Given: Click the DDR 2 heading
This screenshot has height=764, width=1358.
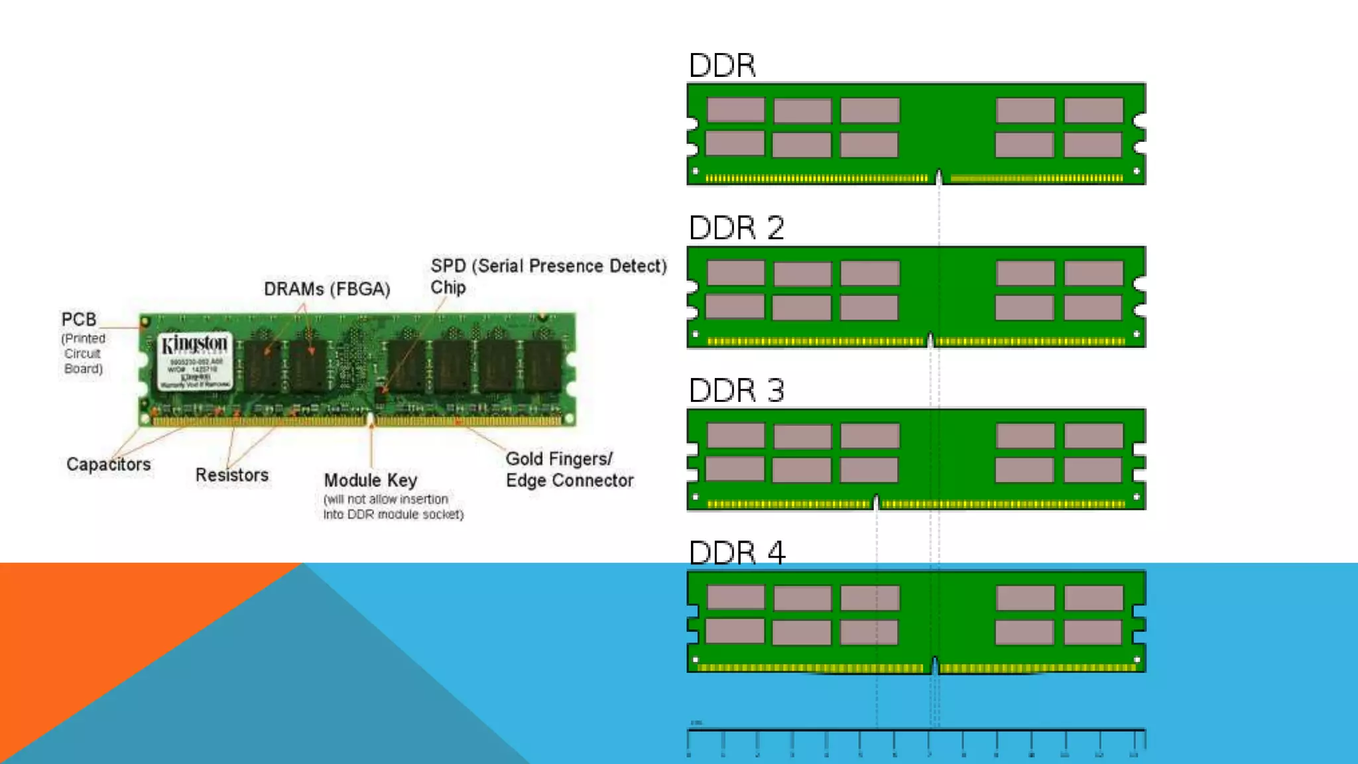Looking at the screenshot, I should [x=736, y=228].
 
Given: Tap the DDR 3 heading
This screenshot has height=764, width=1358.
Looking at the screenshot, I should [x=736, y=391].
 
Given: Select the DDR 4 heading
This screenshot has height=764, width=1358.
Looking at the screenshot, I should [x=737, y=553].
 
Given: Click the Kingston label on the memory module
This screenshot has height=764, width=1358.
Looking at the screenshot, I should [x=195, y=344].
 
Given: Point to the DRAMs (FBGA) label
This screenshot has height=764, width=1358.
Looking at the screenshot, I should [x=327, y=289].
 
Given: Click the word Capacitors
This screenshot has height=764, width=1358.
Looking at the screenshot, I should [x=109, y=464].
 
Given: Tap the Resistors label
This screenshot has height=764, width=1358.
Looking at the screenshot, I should [x=232, y=475].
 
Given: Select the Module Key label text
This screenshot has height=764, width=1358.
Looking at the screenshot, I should [x=371, y=480].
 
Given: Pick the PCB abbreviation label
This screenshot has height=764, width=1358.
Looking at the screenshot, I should [x=79, y=320].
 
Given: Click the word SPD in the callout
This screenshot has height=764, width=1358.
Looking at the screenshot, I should [x=448, y=266].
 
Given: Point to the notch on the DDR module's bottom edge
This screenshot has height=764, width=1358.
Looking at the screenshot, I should [x=938, y=177].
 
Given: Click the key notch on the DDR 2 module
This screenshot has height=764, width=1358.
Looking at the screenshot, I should [x=930, y=340].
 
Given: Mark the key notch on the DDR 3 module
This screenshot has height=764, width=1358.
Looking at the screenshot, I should [x=876, y=503].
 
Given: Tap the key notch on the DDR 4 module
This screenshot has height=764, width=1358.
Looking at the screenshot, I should [x=935, y=665].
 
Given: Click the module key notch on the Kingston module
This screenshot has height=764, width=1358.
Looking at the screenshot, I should [x=371, y=420].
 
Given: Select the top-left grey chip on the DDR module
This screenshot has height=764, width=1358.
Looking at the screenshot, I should [x=736, y=110].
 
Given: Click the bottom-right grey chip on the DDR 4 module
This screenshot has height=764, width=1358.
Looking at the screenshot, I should [x=1093, y=633].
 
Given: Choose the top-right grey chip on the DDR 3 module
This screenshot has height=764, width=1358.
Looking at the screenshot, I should [x=1093, y=436].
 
